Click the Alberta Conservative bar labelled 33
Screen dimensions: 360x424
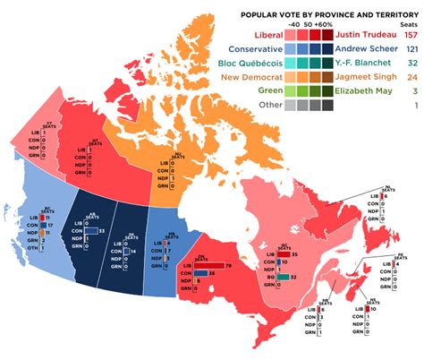[91, 231]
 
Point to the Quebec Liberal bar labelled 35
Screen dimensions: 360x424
[283, 254]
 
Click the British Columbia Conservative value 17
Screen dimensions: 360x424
[40, 224]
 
